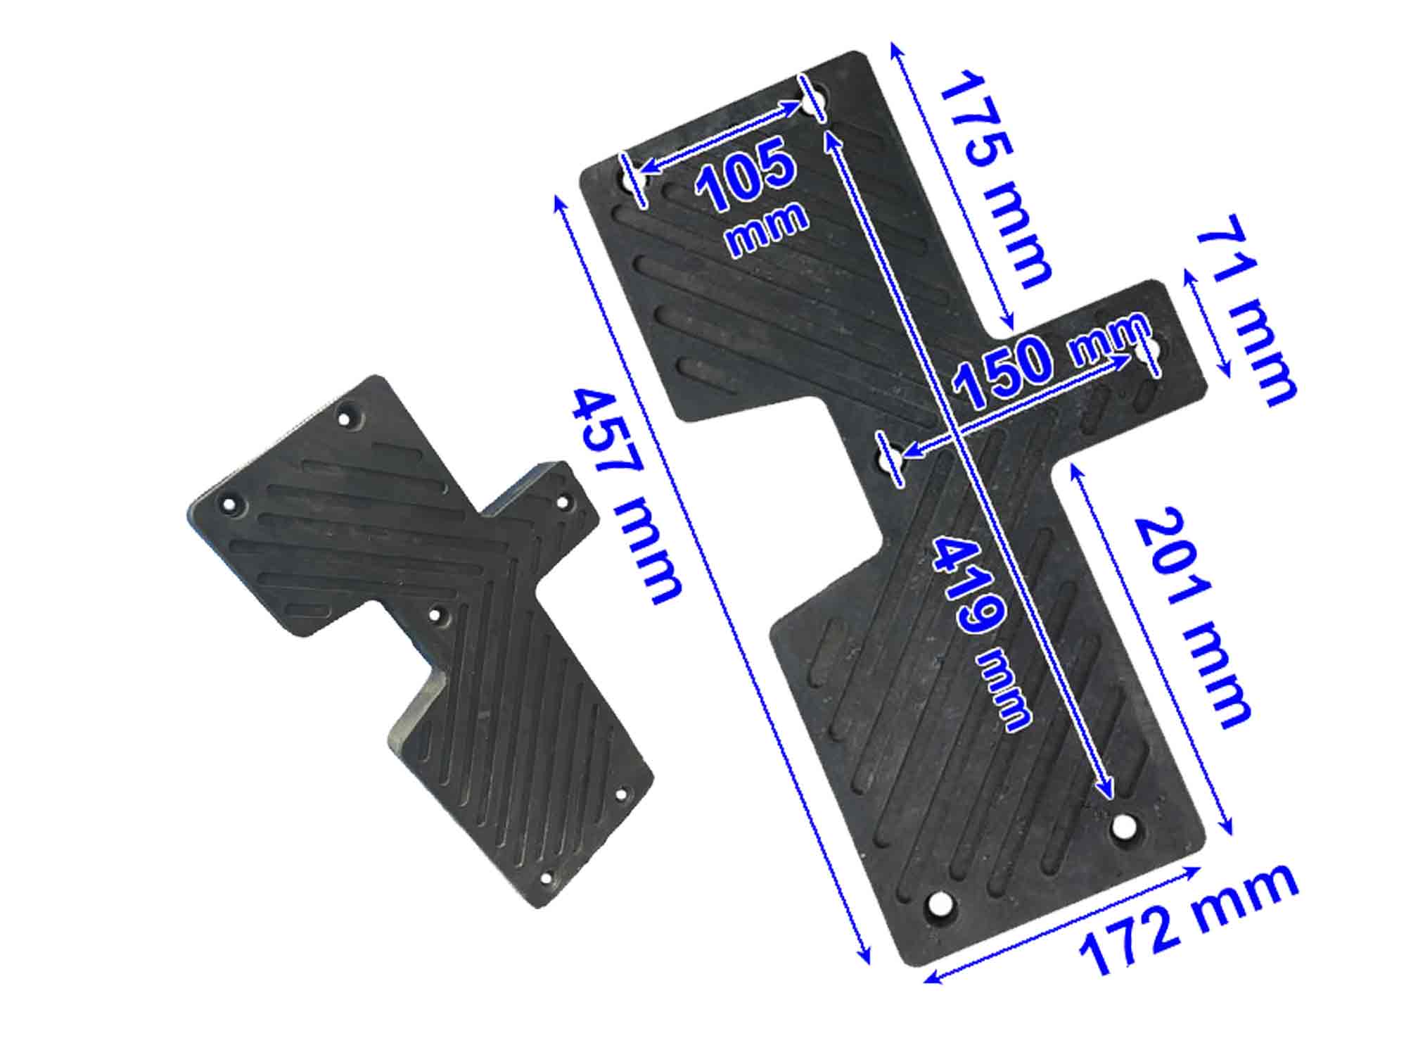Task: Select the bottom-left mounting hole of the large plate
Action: coord(939,904)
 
